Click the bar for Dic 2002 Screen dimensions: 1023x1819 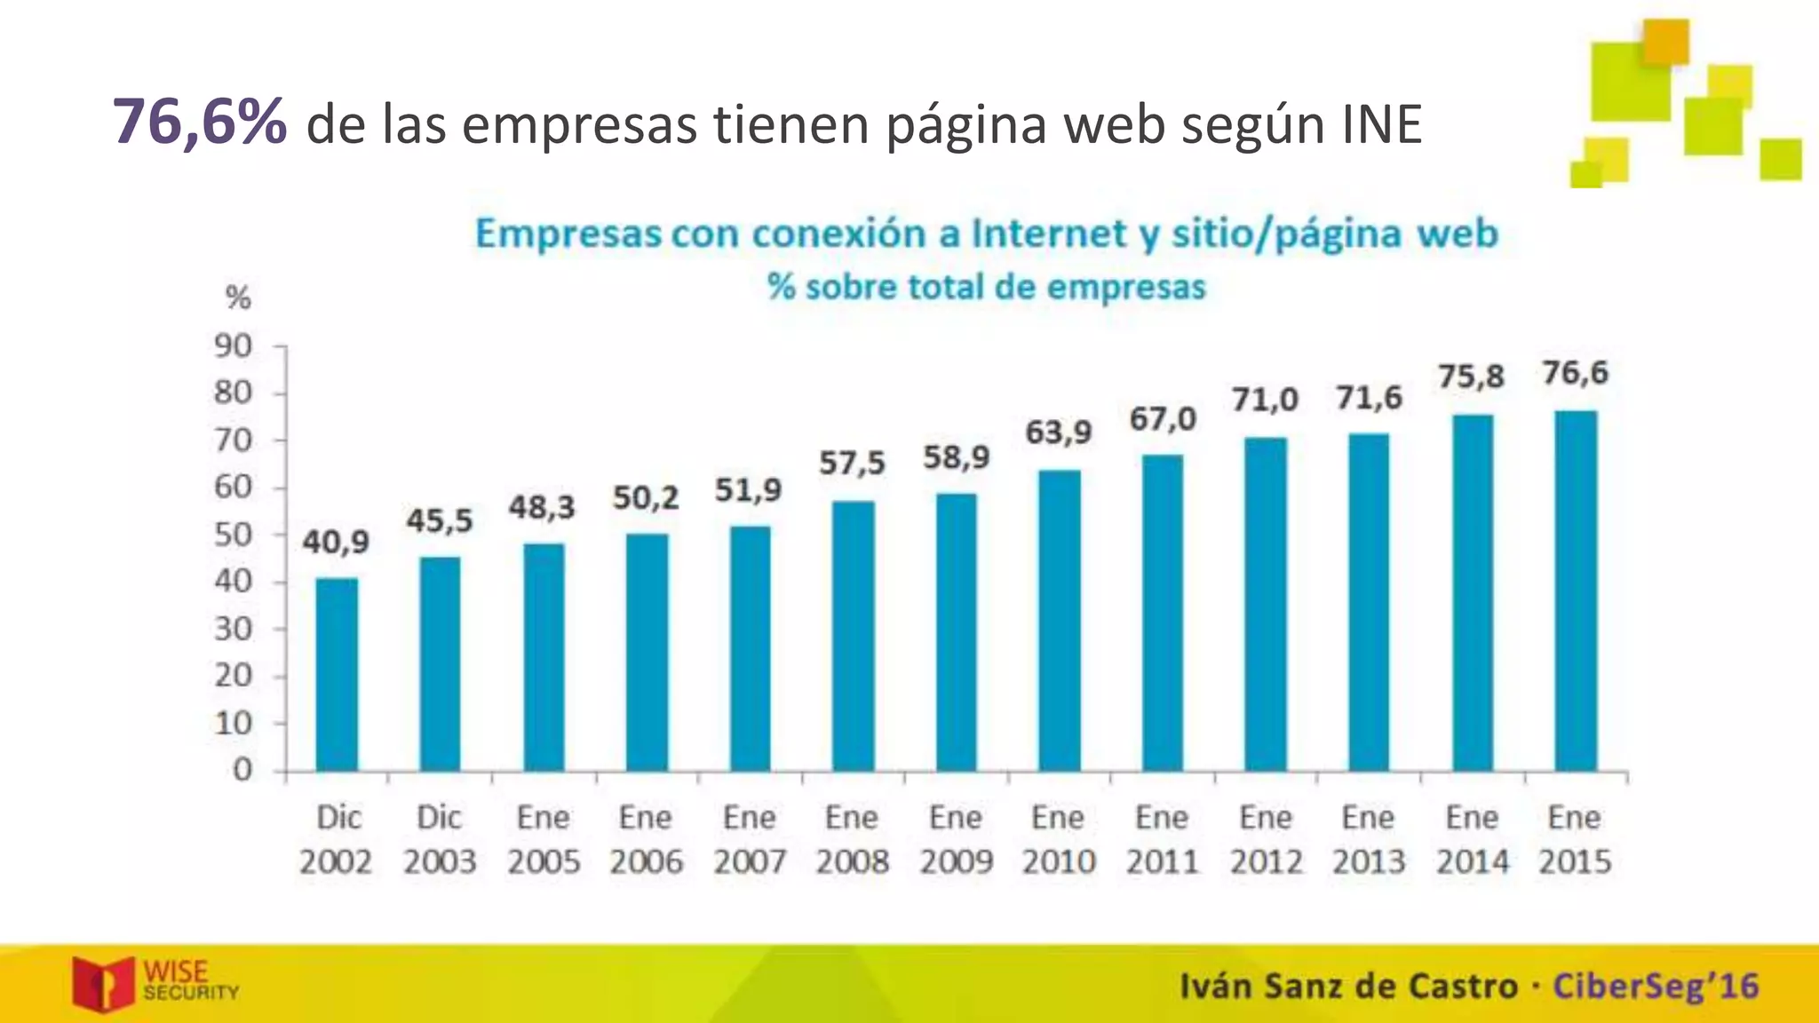[x=337, y=675]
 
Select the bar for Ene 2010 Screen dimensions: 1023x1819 [x=1060, y=621]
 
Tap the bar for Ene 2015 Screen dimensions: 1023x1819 [x=1576, y=591]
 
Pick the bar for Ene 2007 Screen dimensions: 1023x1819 [x=750, y=648]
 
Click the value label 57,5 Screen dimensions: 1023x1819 [x=852, y=463]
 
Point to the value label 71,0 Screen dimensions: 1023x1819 [x=1265, y=400]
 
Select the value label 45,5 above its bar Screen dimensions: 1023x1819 [x=440, y=520]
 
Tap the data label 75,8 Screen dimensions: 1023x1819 [x=1472, y=377]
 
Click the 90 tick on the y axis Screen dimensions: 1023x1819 [x=233, y=346]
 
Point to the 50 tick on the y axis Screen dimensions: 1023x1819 [x=233, y=535]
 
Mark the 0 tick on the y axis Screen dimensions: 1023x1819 [x=242, y=770]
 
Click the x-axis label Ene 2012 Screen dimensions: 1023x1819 [x=1266, y=839]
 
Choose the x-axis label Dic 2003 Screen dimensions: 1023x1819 [x=440, y=839]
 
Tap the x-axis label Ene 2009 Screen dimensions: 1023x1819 [x=956, y=839]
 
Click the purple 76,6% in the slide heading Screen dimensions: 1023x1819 [x=200, y=122]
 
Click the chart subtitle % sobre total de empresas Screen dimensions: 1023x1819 [x=987, y=287]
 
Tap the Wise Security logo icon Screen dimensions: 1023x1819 [x=103, y=983]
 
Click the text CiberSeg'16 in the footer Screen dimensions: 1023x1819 [x=1656, y=987]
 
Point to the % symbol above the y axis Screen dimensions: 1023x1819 [x=238, y=297]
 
